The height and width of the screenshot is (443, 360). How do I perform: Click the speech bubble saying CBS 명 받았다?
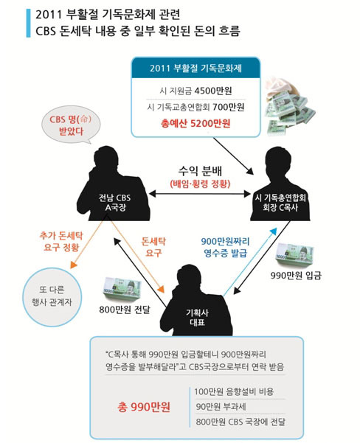(x=71, y=125)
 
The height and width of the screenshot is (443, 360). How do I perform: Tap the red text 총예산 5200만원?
(x=195, y=123)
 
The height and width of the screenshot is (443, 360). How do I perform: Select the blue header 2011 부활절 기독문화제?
(x=195, y=68)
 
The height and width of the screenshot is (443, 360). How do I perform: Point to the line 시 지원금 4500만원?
(x=195, y=91)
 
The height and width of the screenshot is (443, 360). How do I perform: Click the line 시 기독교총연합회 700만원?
(x=195, y=107)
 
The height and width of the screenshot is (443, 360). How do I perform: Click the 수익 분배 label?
(x=200, y=171)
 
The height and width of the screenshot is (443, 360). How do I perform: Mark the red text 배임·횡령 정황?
(x=200, y=184)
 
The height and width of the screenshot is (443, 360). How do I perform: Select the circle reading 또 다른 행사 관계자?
(x=52, y=297)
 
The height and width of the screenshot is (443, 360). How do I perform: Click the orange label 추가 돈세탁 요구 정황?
(x=61, y=242)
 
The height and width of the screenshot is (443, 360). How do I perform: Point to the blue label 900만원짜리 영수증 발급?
(x=226, y=247)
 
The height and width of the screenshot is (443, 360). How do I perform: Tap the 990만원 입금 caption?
(x=296, y=276)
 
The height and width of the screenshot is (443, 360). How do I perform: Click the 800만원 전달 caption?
(x=125, y=310)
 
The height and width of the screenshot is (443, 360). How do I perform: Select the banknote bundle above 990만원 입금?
(x=294, y=254)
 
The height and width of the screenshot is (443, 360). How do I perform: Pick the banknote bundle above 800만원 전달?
(x=122, y=289)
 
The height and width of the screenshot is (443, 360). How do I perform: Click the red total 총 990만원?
(x=144, y=407)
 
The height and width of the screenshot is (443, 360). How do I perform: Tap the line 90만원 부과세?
(x=221, y=407)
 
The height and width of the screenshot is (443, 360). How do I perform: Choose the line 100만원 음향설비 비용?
(x=234, y=391)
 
